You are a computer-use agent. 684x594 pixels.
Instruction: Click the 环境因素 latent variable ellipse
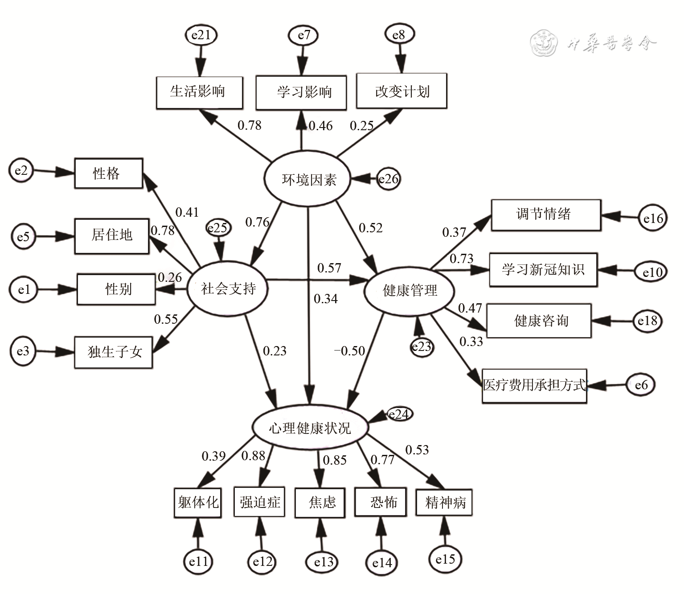pyautogui.click(x=308, y=179)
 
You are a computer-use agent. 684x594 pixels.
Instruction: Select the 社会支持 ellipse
pyautogui.click(x=228, y=289)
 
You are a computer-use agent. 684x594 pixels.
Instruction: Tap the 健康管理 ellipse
pyautogui.click(x=409, y=291)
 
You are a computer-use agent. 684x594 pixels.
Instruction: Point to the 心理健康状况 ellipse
pyautogui.click(x=310, y=428)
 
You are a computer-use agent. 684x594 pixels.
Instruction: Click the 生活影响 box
pyautogui.click(x=199, y=92)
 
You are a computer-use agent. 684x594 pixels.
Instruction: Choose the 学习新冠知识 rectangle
pyautogui.click(x=543, y=269)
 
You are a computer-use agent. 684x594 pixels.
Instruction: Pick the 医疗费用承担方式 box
pyautogui.click(x=534, y=385)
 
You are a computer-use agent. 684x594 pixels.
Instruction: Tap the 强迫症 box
pyautogui.click(x=259, y=503)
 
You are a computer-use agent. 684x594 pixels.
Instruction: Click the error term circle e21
pyautogui.click(x=201, y=35)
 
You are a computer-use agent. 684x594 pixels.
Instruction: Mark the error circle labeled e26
pyautogui.click(x=389, y=179)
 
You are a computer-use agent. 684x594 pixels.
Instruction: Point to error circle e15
pyautogui.click(x=445, y=559)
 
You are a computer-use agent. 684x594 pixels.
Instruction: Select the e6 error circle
pyautogui.click(x=641, y=384)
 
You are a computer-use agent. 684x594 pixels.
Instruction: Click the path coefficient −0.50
pyautogui.click(x=350, y=351)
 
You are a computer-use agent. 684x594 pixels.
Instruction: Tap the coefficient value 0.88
pyautogui.click(x=253, y=456)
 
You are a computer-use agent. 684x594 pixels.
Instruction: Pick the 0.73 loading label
pyautogui.click(x=461, y=259)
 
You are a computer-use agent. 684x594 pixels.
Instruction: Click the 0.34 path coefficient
pyautogui.click(x=326, y=299)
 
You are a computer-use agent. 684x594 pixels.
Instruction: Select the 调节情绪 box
pyautogui.click(x=546, y=214)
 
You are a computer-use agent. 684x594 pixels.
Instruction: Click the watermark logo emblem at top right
pyautogui.click(x=544, y=44)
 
